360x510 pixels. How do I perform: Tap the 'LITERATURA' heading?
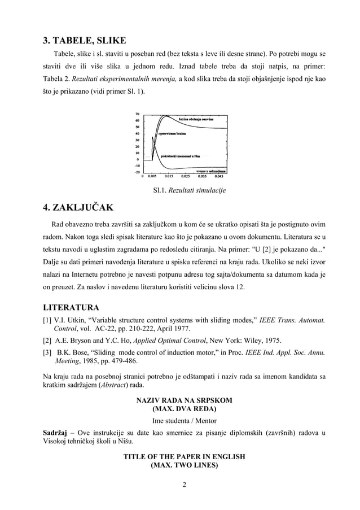coord(72,308)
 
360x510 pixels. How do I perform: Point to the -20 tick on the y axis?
coord(137,172)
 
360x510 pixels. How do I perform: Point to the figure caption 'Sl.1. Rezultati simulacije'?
coord(186,191)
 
